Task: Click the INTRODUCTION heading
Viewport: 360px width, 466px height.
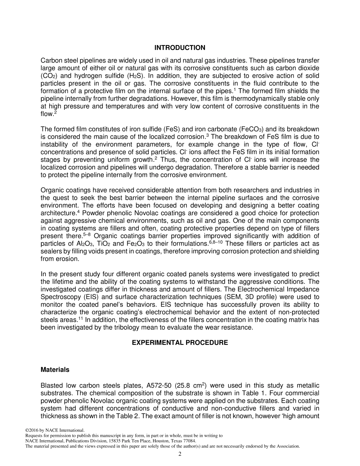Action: click(x=180, y=48)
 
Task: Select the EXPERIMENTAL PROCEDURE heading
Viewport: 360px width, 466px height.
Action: click(x=180, y=342)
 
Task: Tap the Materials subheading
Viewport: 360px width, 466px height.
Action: click(x=55, y=369)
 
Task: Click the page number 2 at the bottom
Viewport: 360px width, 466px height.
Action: click(x=180, y=454)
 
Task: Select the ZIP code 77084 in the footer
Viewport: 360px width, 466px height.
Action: click(x=189, y=441)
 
